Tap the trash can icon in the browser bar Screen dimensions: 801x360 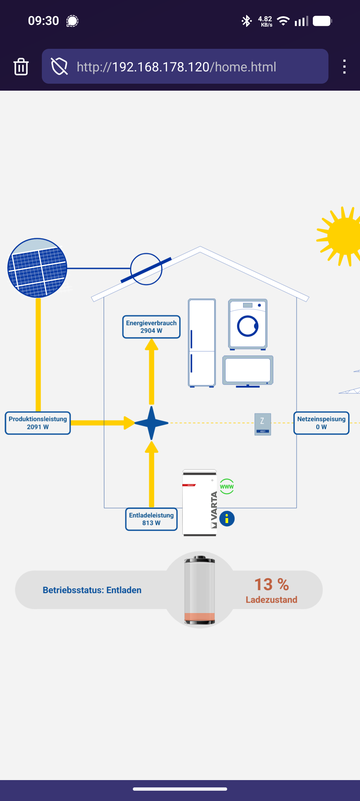21,66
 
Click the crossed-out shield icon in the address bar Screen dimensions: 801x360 59,66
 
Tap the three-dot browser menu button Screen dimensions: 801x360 344,66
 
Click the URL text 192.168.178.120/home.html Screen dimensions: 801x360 176,67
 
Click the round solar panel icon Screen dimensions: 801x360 37,268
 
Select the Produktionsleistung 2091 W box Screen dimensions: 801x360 38,423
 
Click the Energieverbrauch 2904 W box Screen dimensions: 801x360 151,327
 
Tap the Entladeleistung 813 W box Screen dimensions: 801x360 151,519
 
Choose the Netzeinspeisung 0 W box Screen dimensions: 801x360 321,423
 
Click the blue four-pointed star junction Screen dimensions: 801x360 151,423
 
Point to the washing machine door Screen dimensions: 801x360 248,326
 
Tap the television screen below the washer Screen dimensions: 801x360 248,370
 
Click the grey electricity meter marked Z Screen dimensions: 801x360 262,424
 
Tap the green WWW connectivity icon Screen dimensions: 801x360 227,487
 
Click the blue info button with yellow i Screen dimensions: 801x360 227,519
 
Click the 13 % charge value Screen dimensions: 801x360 271,584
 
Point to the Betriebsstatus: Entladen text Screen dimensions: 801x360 92,590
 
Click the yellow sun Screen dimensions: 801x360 342,236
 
